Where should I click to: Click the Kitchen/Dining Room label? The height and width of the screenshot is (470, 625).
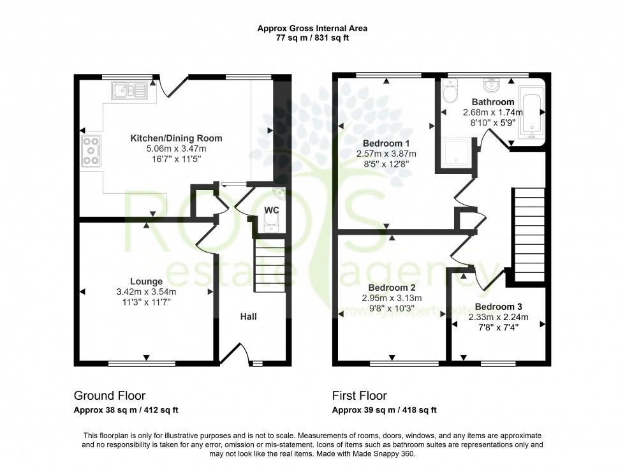tap(176, 138)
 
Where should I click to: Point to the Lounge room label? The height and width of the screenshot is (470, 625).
tap(146, 281)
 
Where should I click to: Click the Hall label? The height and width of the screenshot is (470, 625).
tap(249, 316)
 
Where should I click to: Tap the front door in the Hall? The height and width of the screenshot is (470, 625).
tap(233, 355)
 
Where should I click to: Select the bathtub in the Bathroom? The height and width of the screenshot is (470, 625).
tap(531, 113)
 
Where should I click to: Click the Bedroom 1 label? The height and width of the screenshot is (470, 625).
tap(386, 143)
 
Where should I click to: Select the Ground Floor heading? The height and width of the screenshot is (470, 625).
tap(110, 396)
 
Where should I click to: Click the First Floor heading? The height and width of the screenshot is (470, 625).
tap(360, 396)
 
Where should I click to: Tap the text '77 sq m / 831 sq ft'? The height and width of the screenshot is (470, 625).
tap(312, 38)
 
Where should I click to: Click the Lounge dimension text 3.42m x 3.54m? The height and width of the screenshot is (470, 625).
tap(146, 292)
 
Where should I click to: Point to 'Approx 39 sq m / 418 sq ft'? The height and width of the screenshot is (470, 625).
tap(385, 410)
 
